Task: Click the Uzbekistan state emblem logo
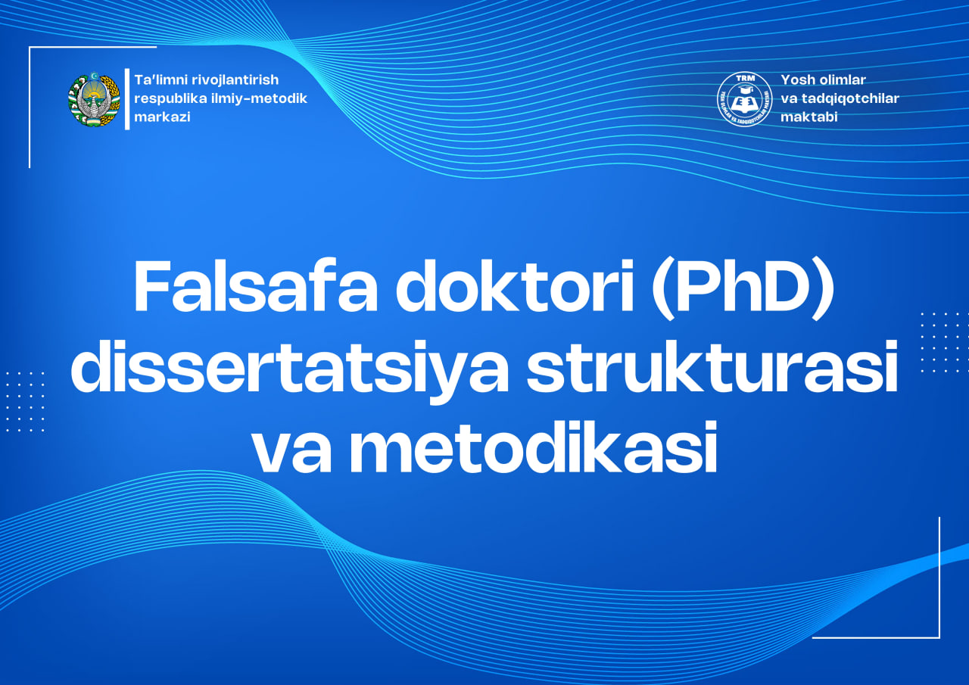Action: click(94, 99)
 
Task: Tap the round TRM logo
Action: click(744, 99)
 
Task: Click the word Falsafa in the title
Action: click(255, 288)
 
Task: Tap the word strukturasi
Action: click(712, 369)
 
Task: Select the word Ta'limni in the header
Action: click(160, 79)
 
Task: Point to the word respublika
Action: click(169, 98)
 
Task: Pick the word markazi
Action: click(162, 117)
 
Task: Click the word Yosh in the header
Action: click(796, 79)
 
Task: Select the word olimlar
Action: click(842, 79)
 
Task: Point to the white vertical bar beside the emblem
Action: click(127, 99)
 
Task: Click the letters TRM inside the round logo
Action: click(744, 81)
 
